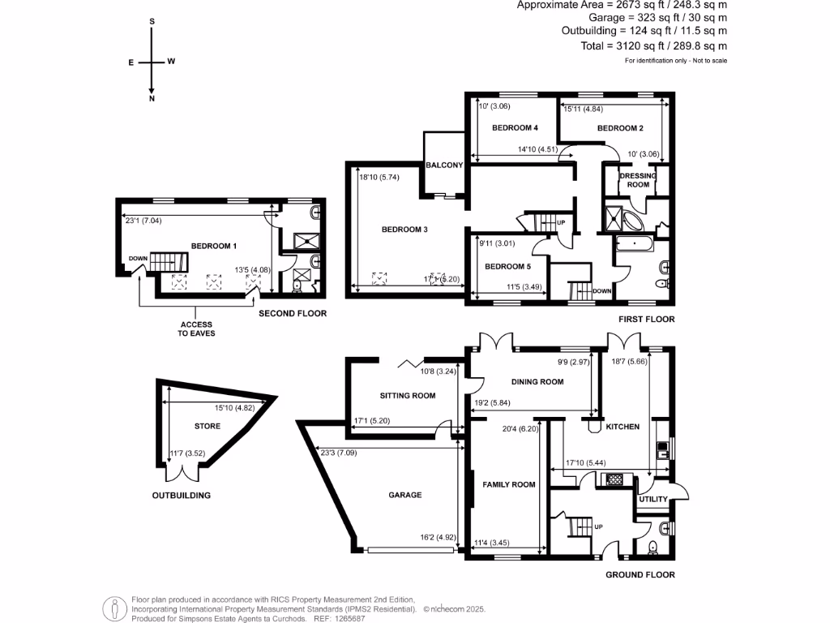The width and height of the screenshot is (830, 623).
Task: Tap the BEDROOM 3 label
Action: [x=404, y=230]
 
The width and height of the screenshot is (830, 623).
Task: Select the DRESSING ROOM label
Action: [x=638, y=180]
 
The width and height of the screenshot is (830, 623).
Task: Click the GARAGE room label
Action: [x=404, y=494]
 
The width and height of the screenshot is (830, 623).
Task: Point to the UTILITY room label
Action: [x=652, y=500]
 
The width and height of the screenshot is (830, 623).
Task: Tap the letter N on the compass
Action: [x=152, y=99]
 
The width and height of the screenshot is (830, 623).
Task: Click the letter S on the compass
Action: [x=152, y=22]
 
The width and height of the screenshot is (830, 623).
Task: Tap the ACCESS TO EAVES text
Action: [x=196, y=329]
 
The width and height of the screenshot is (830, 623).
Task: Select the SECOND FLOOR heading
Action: [x=293, y=313]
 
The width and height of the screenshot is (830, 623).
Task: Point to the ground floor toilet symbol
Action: [x=653, y=548]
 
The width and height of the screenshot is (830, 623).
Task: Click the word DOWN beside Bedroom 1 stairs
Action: [x=137, y=260]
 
